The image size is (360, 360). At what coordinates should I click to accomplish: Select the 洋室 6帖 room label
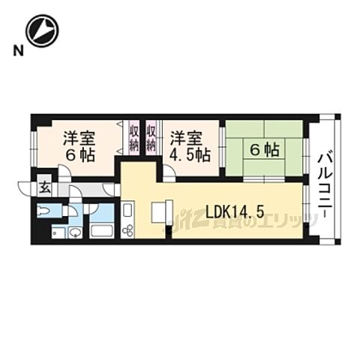tap(79, 145)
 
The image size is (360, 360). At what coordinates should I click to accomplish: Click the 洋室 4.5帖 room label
tap(186, 145)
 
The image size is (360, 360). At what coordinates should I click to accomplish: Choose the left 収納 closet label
tap(133, 138)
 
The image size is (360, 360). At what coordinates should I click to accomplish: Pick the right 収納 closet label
tap(151, 138)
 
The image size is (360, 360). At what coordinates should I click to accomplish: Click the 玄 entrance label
tap(44, 187)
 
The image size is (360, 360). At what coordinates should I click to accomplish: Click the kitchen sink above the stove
tap(127, 209)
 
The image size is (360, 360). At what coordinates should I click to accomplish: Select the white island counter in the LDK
tap(162, 212)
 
